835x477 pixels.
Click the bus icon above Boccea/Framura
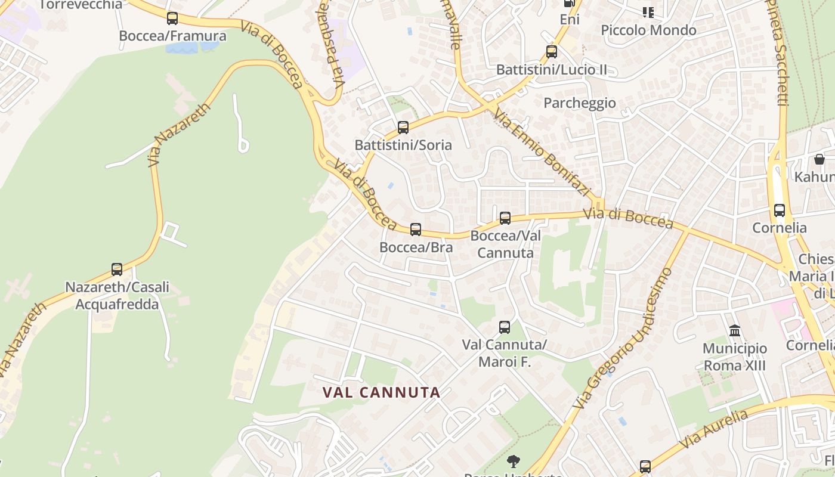[x=172, y=18]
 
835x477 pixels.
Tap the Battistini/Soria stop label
[x=403, y=145]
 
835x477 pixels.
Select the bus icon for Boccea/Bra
[x=416, y=229]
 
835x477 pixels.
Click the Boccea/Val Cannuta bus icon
[x=505, y=218]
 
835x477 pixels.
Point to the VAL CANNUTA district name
[x=382, y=392]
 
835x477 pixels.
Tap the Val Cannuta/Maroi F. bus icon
[x=505, y=327]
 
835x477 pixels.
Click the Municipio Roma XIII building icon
[x=735, y=330]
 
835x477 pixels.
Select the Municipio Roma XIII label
[x=735, y=357]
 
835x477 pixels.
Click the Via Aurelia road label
[x=713, y=430]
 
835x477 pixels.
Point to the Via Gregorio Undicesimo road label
[x=623, y=338]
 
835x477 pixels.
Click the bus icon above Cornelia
[x=780, y=210]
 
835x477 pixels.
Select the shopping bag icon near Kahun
[x=819, y=159]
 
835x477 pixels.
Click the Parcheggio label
[x=579, y=103]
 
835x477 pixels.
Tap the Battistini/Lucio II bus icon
[x=552, y=52]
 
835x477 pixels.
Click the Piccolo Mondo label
[x=648, y=30]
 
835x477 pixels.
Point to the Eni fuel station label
[x=570, y=20]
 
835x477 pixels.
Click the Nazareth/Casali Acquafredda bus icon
[x=117, y=269]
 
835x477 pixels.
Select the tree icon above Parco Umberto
[x=513, y=461]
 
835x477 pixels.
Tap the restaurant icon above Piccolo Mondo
[x=648, y=12]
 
